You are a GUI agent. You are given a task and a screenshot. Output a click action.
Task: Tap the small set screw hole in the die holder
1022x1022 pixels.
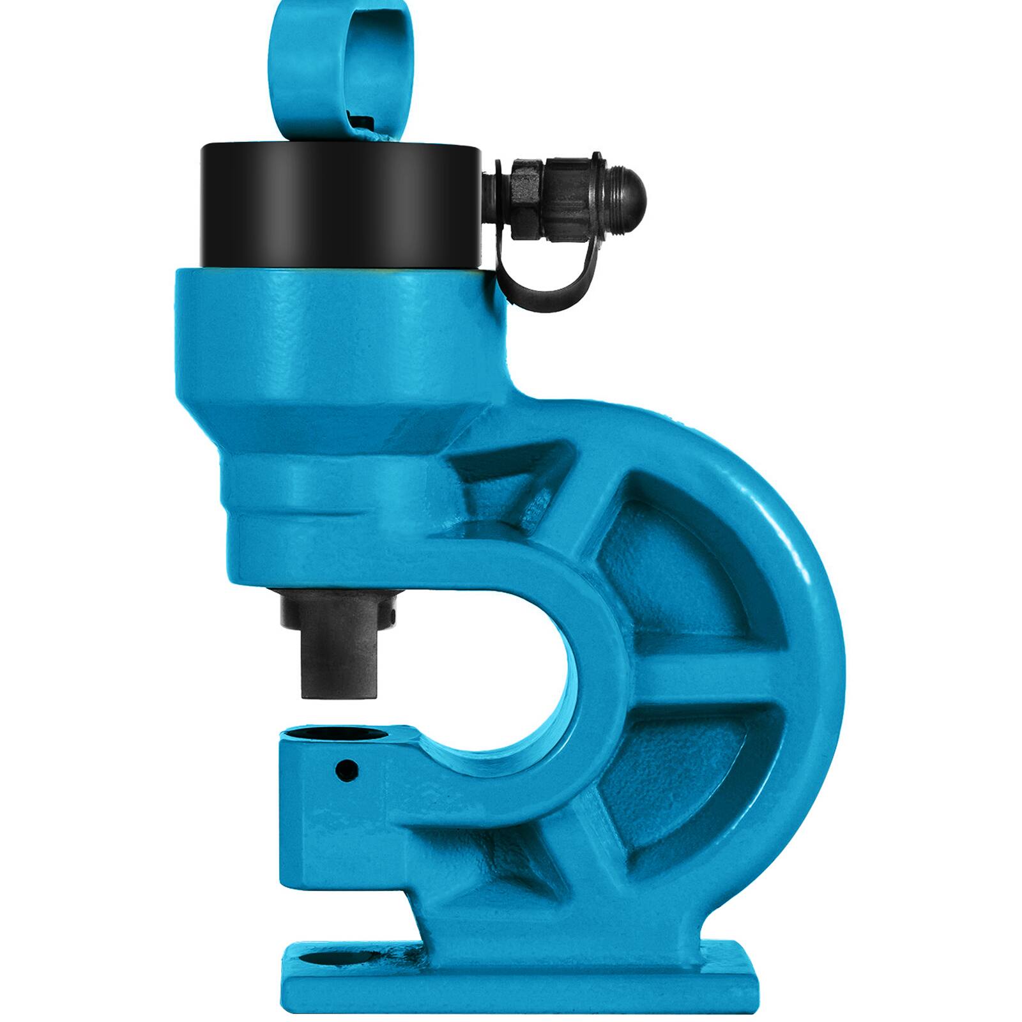coord(347,770)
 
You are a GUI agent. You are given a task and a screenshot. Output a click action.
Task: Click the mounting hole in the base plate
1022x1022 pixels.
coord(332,958)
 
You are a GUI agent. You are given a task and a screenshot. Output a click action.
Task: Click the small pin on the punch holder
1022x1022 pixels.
coord(392,615)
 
